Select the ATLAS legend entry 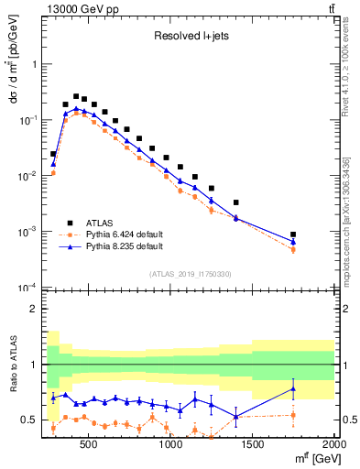pos(100,222)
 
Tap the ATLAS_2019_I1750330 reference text pos(190,274)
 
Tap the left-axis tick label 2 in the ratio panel pos(33,309)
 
